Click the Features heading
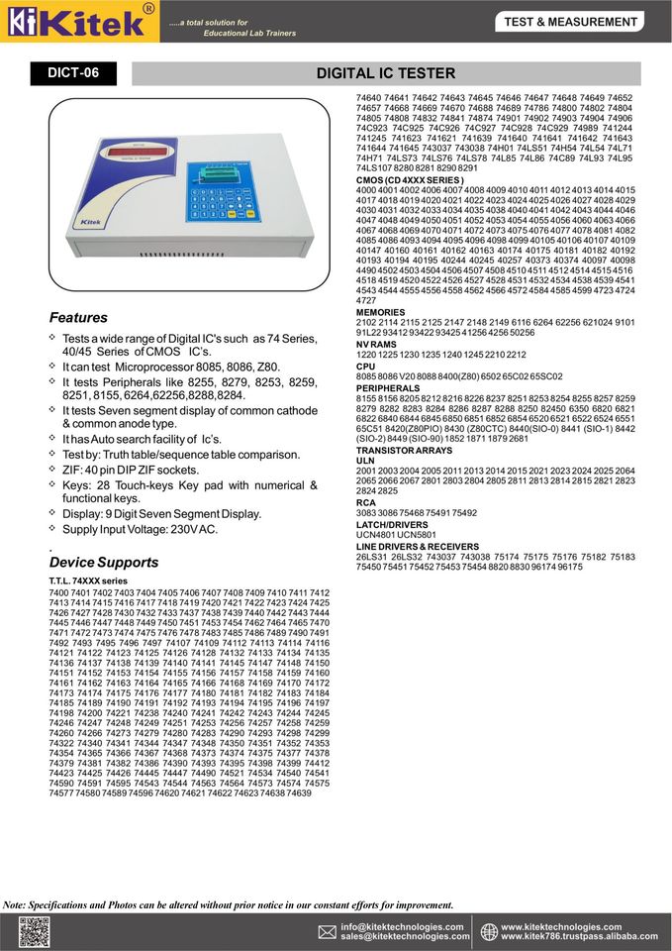78,318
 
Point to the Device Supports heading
103,563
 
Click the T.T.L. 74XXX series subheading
88,581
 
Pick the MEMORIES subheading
380,312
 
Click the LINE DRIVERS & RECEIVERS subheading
417,546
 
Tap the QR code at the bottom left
34,931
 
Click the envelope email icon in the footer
327,931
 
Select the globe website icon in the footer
489,931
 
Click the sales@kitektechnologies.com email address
402,936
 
